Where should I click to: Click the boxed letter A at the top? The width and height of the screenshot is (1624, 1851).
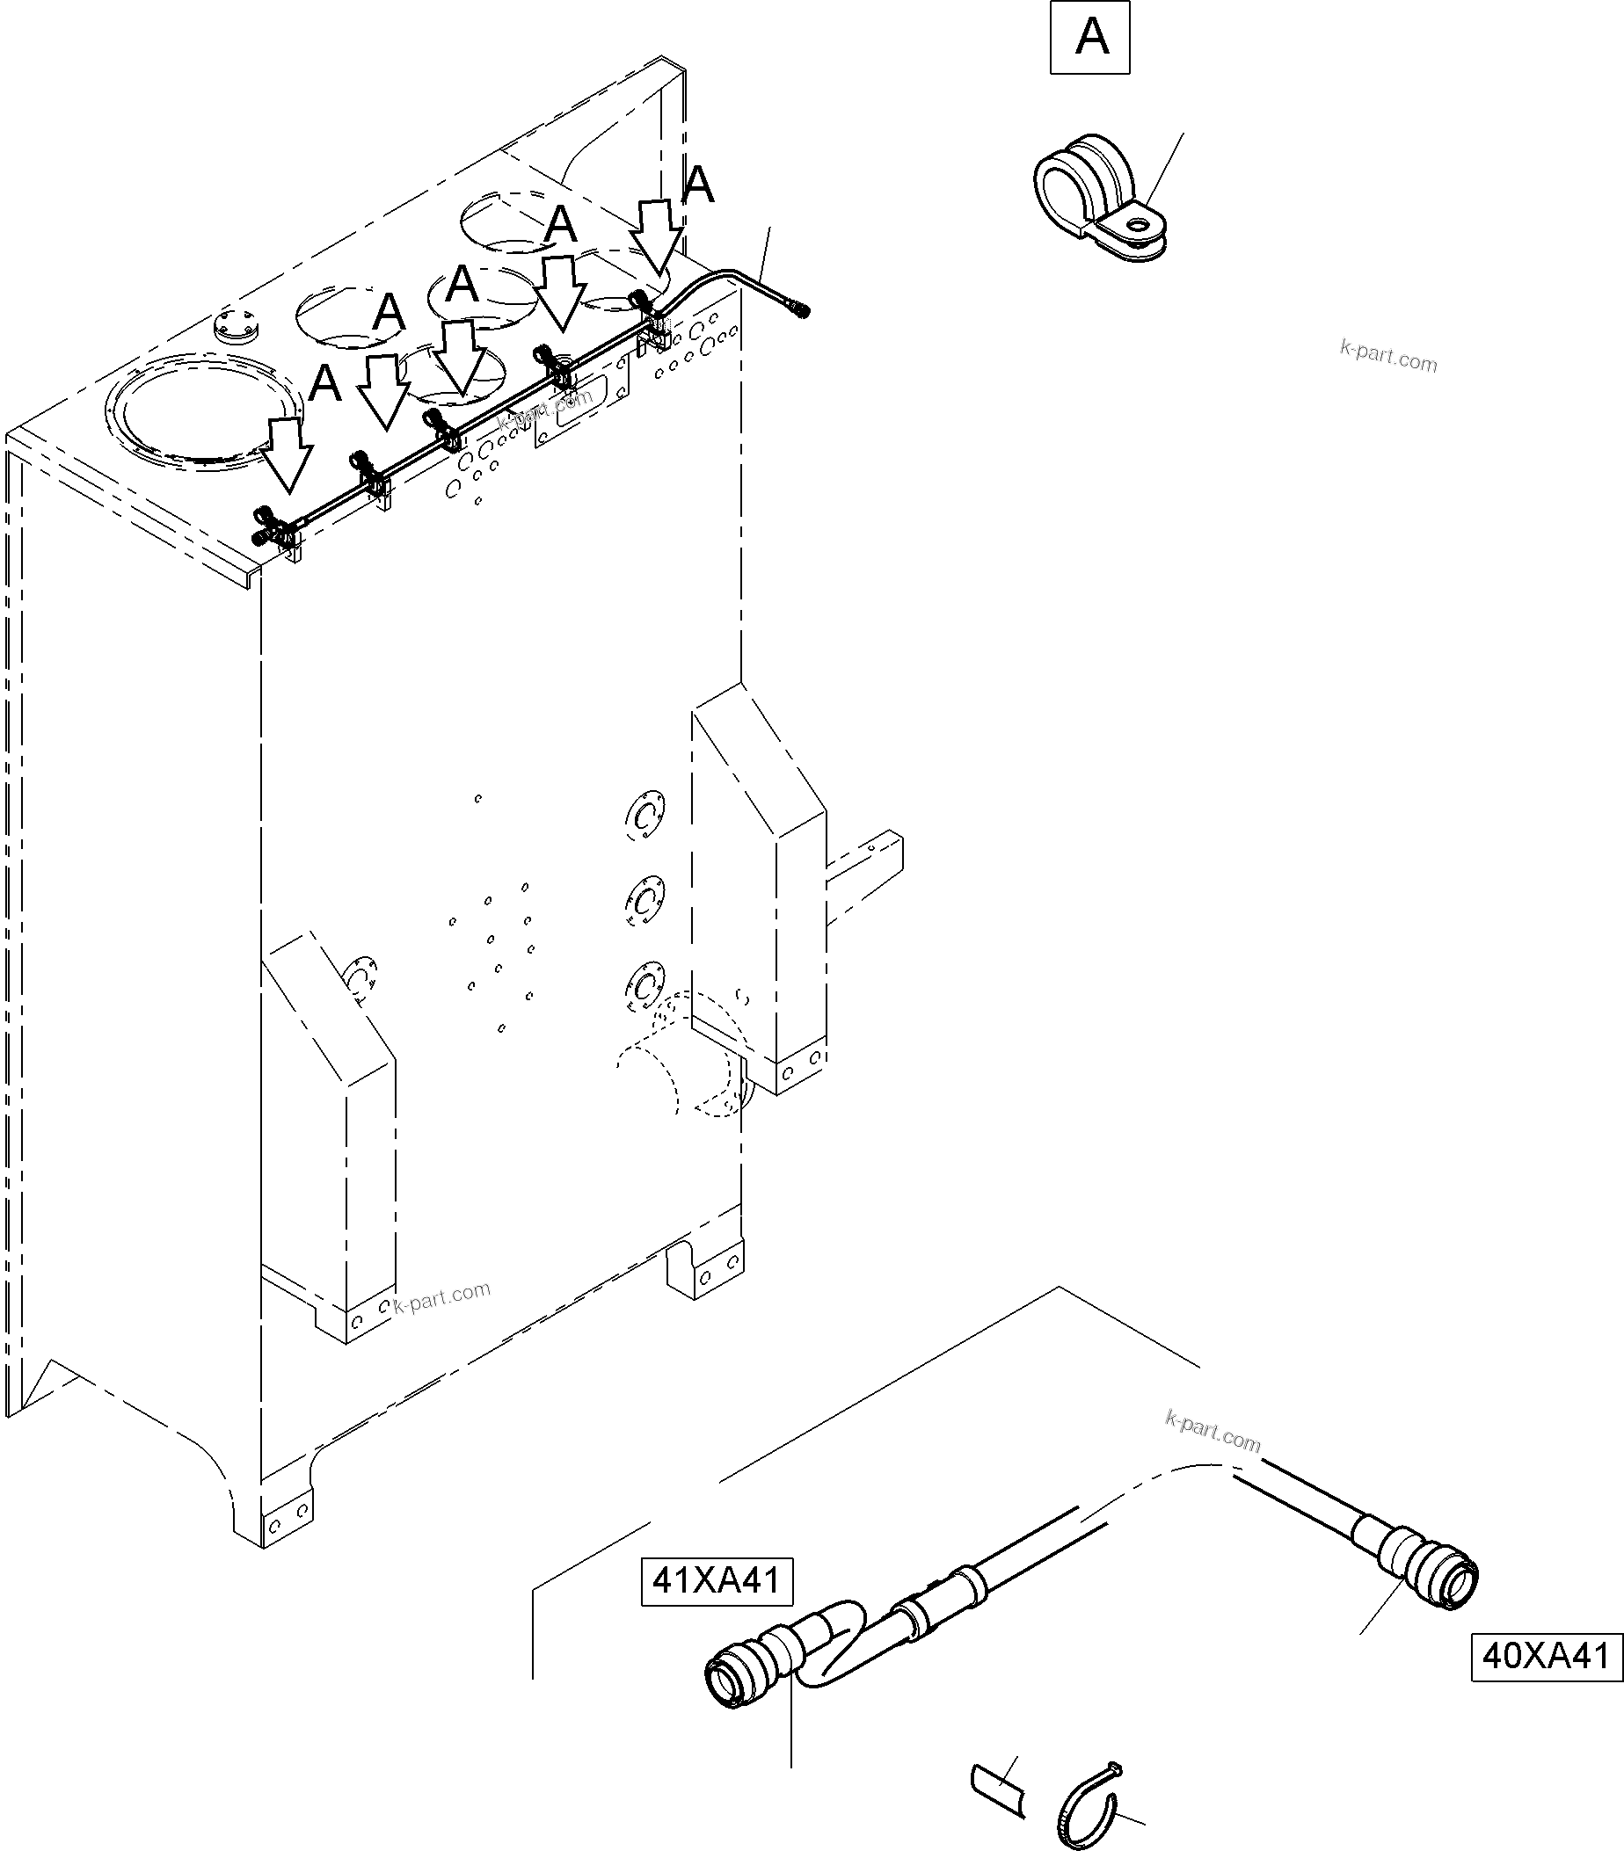pyautogui.click(x=1089, y=37)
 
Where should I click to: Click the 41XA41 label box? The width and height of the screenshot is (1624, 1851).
pyautogui.click(x=717, y=1580)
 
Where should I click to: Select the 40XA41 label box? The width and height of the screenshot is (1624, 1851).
pyautogui.click(x=1546, y=1656)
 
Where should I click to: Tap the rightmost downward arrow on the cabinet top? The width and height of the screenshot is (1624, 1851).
pyautogui.click(x=655, y=237)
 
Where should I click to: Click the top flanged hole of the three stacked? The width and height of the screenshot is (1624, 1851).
pyautogui.click(x=644, y=815)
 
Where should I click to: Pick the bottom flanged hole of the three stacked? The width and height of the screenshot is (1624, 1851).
pyautogui.click(x=644, y=985)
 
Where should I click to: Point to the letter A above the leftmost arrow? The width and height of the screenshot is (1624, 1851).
pyautogui.click(x=324, y=384)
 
